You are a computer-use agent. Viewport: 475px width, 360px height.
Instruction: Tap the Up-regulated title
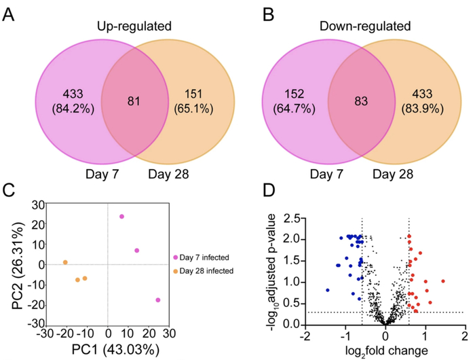133,27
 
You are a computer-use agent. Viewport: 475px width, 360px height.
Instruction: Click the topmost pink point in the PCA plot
121,217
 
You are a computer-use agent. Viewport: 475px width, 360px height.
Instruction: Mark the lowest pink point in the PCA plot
158,300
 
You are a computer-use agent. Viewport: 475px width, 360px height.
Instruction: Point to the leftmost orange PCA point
65,262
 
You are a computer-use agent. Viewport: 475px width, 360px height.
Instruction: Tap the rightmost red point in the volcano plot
443,281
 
